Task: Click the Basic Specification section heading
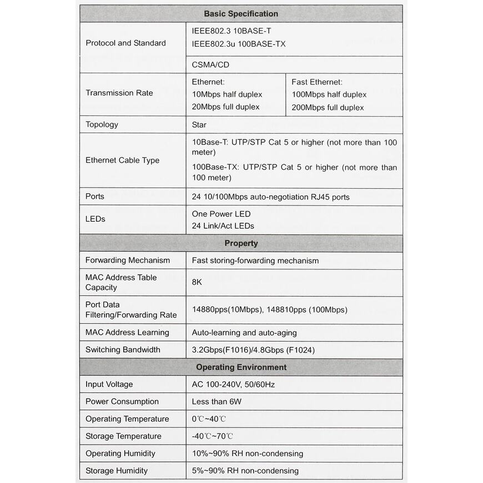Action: [241, 14]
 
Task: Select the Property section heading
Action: [241, 243]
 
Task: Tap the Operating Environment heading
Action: [241, 367]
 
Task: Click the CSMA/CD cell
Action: [210, 64]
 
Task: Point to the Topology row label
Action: [102, 124]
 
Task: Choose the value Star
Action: [199, 125]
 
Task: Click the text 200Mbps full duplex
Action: [328, 107]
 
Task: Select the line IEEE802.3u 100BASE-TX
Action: [239, 44]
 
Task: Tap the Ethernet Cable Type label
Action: [122, 160]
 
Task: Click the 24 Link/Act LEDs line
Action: [223, 226]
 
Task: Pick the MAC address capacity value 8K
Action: [197, 282]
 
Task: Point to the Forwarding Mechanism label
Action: [128, 260]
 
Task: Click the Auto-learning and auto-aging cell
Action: [244, 333]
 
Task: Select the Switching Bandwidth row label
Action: [123, 350]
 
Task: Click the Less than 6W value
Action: [217, 401]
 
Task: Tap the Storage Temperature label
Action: [123, 436]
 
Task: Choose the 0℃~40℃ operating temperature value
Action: [209, 419]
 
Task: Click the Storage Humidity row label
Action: [117, 471]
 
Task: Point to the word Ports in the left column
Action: [95, 197]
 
